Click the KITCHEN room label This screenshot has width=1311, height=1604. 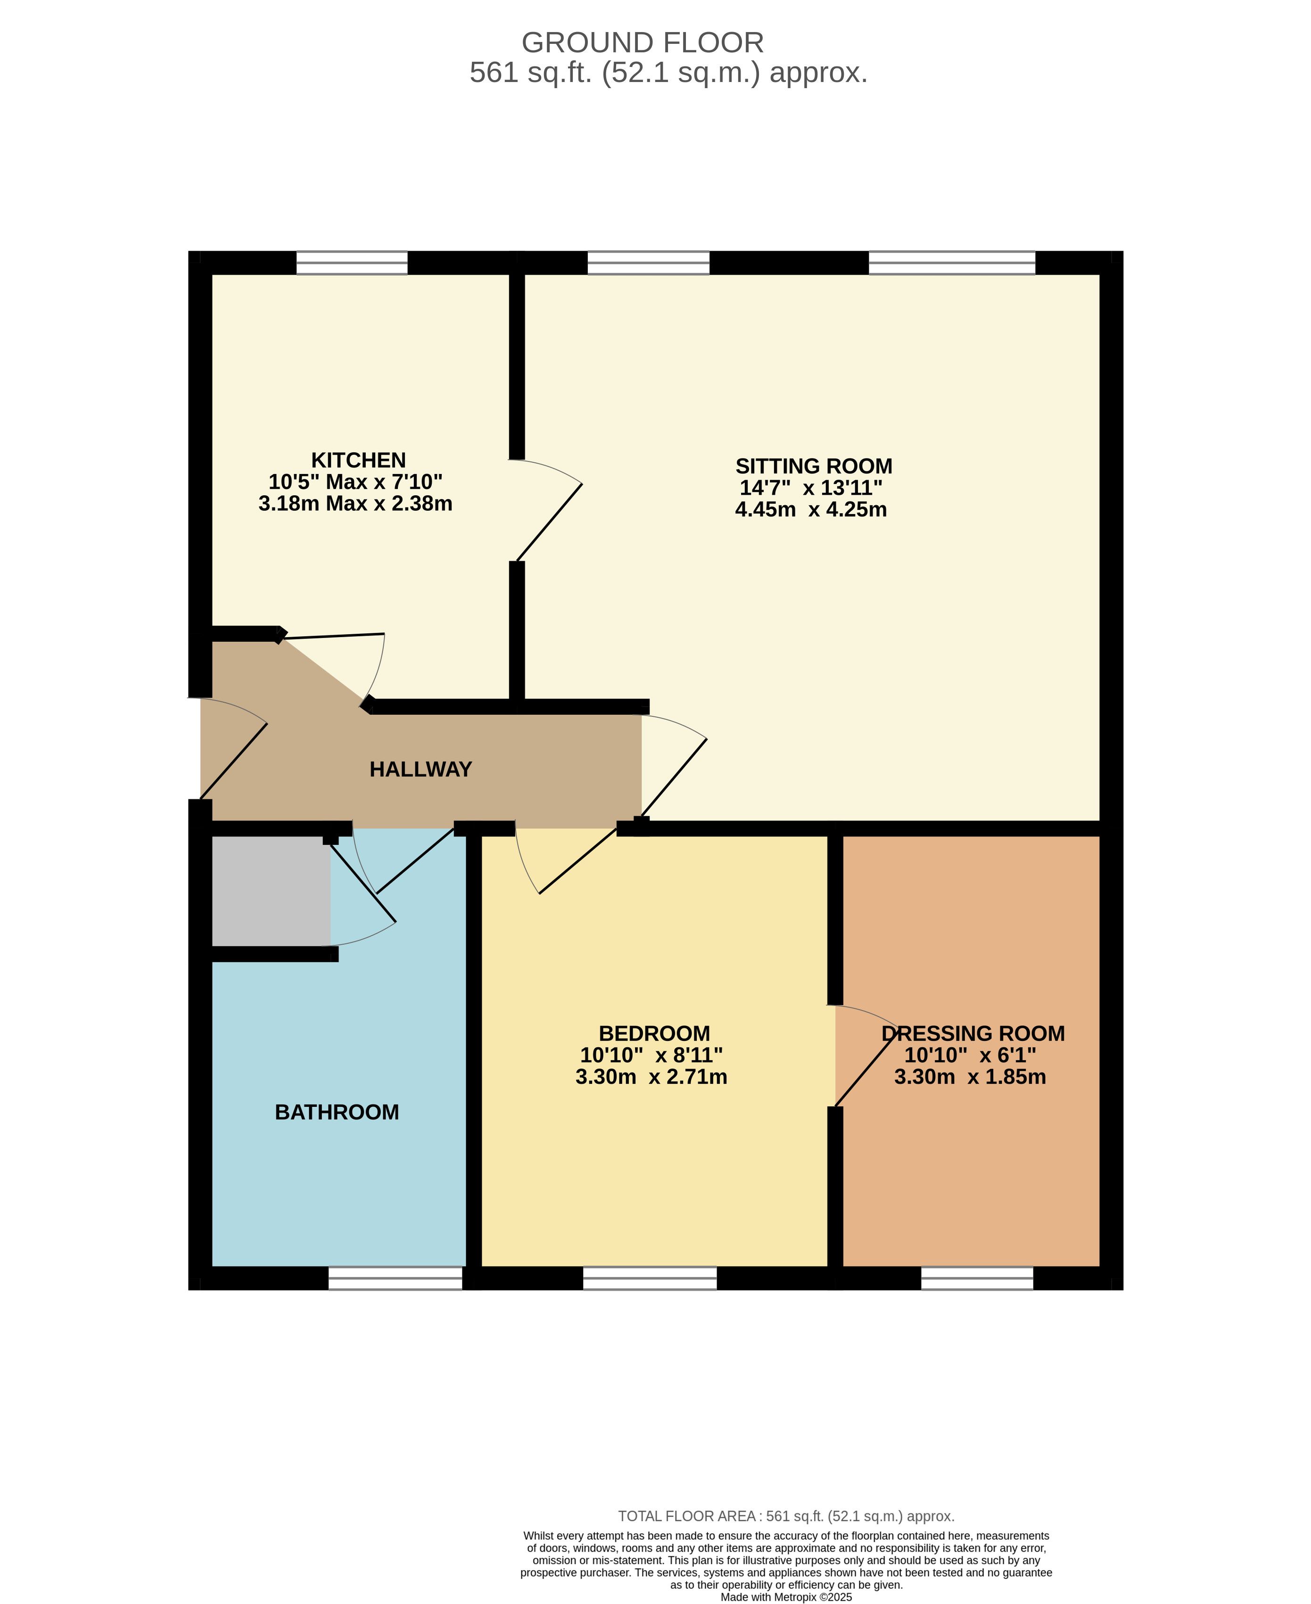pyautogui.click(x=359, y=460)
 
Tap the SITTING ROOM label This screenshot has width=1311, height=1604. pyautogui.click(x=814, y=466)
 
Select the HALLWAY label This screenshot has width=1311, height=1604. pyautogui.click(x=421, y=769)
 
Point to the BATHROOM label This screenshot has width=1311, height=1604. pyautogui.click(x=337, y=1112)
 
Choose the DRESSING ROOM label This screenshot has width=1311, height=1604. pyautogui.click(x=973, y=1033)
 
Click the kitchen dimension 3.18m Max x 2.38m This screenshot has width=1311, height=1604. pyautogui.click(x=356, y=503)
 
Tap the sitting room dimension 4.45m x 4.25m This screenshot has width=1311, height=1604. pyautogui.click(x=811, y=509)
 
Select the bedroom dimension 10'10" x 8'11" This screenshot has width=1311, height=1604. pyautogui.click(x=651, y=1055)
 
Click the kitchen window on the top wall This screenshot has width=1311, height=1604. pyautogui.click(x=352, y=262)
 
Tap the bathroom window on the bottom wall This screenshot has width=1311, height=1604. pyautogui.click(x=396, y=1279)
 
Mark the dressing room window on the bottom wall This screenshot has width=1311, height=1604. pyautogui.click(x=977, y=1279)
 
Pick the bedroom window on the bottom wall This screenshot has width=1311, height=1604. pyautogui.click(x=650, y=1279)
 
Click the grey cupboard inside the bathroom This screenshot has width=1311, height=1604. pyautogui.click(x=271, y=891)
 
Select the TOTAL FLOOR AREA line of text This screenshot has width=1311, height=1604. pyautogui.click(x=786, y=1516)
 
